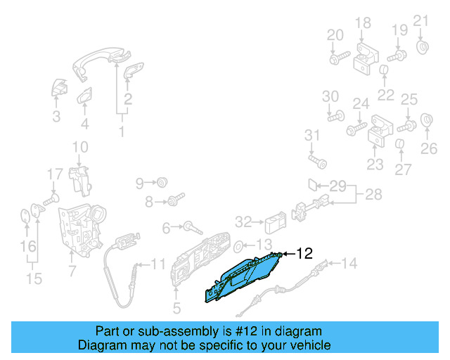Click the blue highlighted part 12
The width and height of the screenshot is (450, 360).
[x=243, y=278]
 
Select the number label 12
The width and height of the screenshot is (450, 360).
[x=303, y=254]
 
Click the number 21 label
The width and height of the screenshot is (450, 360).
[x=420, y=20]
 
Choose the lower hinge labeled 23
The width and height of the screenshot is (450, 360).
[x=380, y=131]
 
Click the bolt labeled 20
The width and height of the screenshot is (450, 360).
[x=338, y=59]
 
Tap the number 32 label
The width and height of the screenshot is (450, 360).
[x=243, y=222]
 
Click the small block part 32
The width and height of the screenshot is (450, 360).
[x=274, y=223]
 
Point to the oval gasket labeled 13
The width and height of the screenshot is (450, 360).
[x=238, y=245]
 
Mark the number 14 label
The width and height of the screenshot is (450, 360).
[x=349, y=264]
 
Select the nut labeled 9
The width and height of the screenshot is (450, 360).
[x=161, y=183]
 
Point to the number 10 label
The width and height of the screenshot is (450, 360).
[x=80, y=147]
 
